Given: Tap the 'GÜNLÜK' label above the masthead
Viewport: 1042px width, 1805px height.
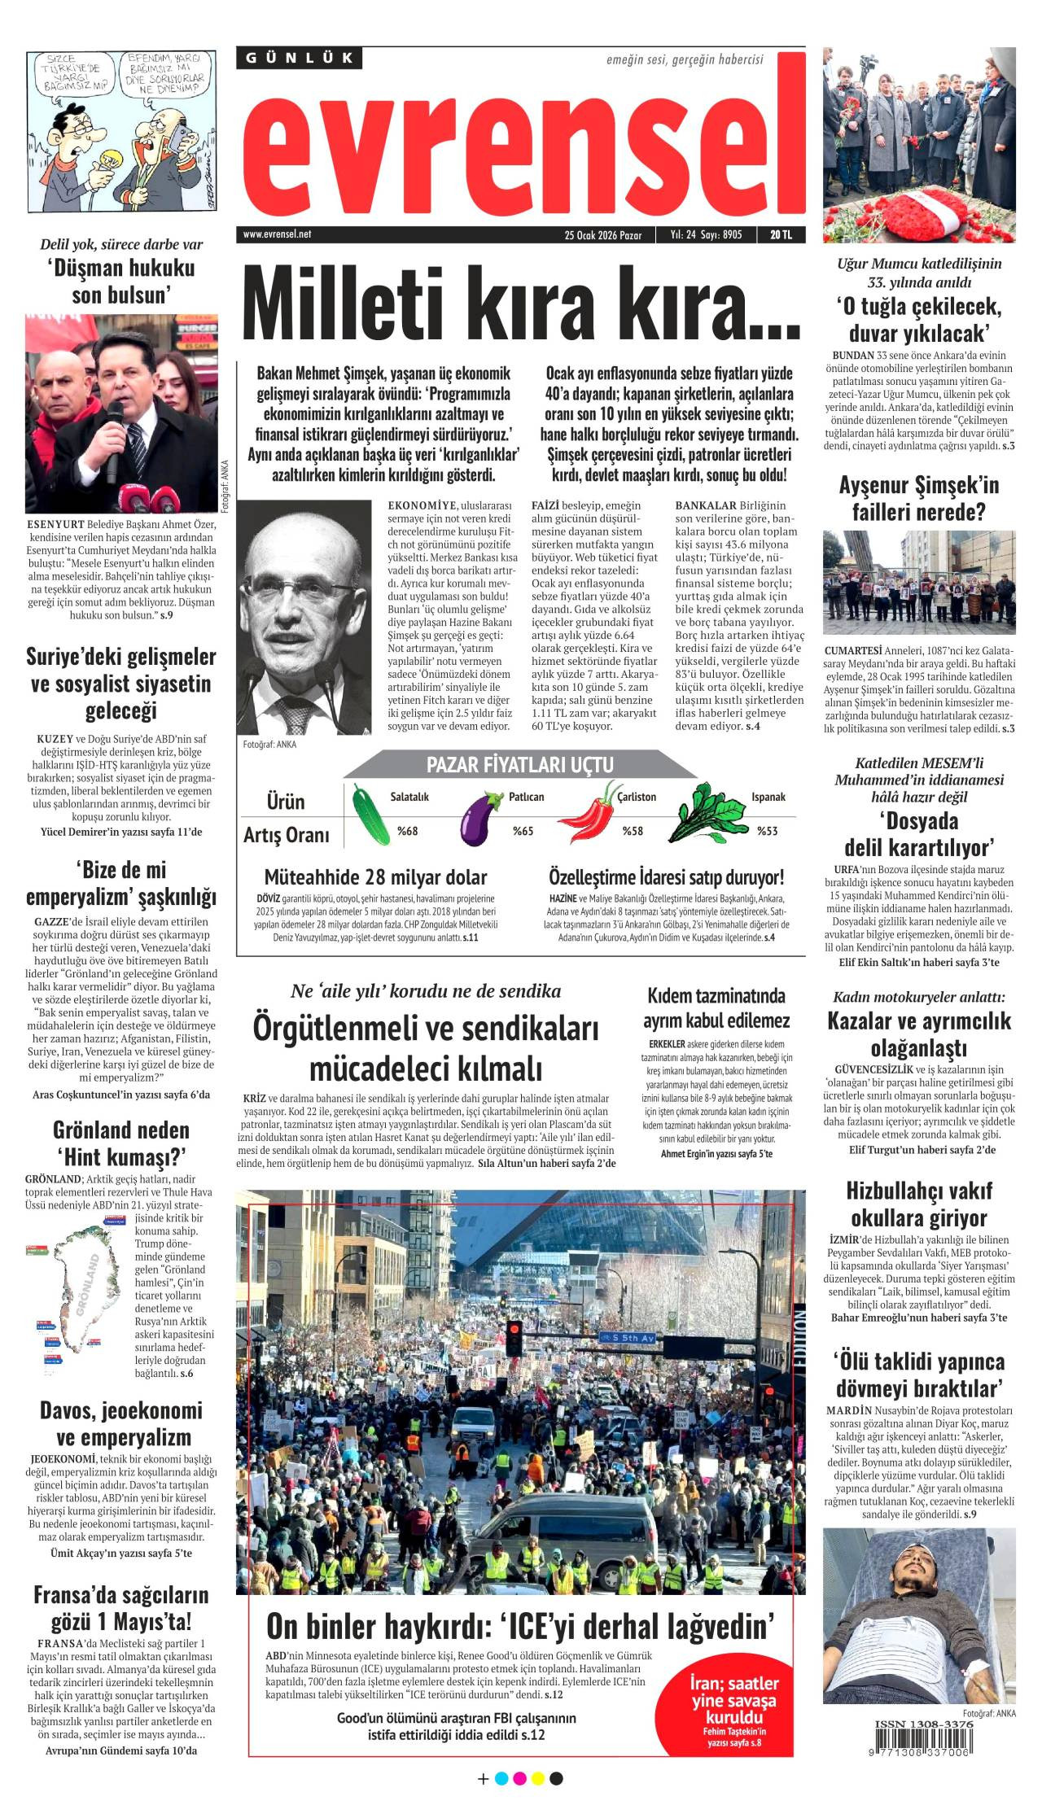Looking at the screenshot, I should [x=300, y=58].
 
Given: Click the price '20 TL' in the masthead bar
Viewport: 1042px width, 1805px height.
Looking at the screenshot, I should [x=781, y=235].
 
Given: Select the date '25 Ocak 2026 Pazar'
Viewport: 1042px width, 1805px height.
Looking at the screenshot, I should [x=602, y=235].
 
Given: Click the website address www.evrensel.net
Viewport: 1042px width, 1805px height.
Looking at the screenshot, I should [x=277, y=234].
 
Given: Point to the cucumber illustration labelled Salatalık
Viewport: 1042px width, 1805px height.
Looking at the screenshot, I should [x=371, y=815].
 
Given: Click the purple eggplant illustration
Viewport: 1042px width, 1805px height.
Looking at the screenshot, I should [x=481, y=818].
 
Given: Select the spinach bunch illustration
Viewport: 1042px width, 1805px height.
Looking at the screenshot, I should [x=707, y=814].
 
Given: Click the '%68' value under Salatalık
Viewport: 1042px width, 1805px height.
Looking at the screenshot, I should [x=407, y=831].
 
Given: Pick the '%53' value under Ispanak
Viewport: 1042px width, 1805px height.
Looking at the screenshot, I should [x=767, y=831].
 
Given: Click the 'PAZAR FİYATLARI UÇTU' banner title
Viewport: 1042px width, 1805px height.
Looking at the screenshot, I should [x=519, y=764].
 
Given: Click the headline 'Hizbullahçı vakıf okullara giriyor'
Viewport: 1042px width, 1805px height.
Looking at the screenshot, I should [x=919, y=1204].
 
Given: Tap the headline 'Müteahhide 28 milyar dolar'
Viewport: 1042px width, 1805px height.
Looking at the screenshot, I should [x=375, y=877].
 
